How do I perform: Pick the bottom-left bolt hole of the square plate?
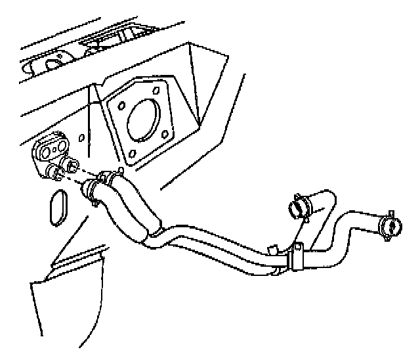pos(135,154)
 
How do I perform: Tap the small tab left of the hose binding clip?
pos(272,250)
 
